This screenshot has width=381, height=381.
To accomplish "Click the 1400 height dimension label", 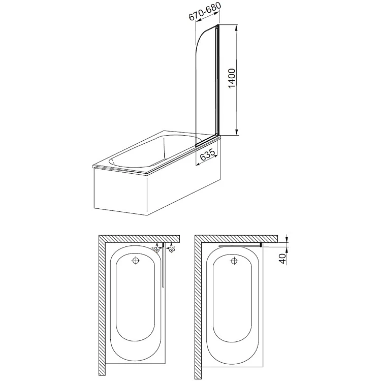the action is coord(232,78).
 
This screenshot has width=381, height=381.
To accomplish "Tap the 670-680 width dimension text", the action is coord(205,11).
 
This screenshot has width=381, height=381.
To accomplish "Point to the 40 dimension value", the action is coord(282,259).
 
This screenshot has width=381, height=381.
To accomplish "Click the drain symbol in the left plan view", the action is coord(136,261).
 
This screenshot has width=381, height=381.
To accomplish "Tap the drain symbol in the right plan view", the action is coord(234,261).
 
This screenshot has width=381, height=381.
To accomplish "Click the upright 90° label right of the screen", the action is coord(172,249).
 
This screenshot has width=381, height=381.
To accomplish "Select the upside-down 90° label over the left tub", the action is coord(155,249).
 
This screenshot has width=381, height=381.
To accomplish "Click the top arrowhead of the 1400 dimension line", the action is coord(236,28).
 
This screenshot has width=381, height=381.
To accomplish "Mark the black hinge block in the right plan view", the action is coord(261,245).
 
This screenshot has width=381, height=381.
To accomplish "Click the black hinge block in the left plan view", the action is coord(163,244).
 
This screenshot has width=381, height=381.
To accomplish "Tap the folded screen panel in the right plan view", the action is coord(239,246).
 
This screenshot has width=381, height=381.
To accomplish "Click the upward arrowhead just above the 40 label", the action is coord(287,249).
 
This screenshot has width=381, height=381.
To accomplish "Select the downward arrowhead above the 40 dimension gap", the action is coord(287,239).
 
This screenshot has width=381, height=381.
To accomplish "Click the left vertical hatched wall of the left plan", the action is coord(102,307).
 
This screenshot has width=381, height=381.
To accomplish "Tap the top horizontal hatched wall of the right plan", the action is coord(236,239).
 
